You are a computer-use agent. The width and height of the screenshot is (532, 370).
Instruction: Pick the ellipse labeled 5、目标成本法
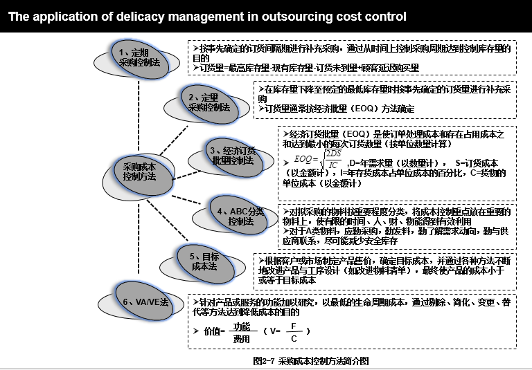pos(204,261)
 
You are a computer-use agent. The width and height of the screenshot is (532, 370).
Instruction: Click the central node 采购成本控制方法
pos(139,172)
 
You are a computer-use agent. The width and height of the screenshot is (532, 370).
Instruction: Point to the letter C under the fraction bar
pos(294,338)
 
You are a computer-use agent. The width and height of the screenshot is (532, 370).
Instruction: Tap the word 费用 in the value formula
pos(241,339)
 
